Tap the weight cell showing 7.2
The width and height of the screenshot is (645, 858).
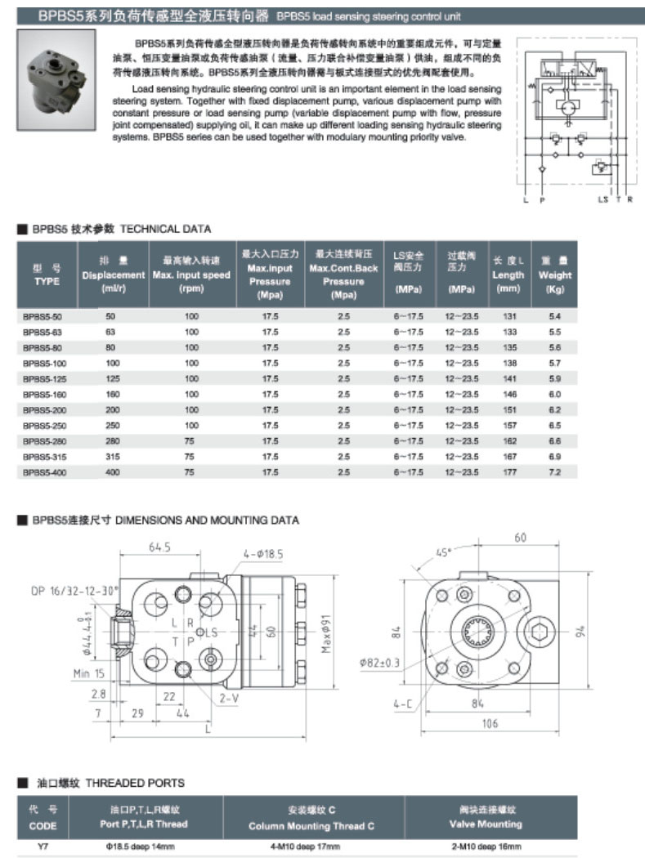click(555, 472)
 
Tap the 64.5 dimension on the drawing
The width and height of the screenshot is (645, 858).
click(159, 547)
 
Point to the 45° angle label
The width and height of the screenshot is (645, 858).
click(444, 553)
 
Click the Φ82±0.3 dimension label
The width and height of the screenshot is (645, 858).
click(380, 663)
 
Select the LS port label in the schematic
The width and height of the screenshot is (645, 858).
click(603, 199)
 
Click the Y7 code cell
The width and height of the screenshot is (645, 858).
click(43, 847)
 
